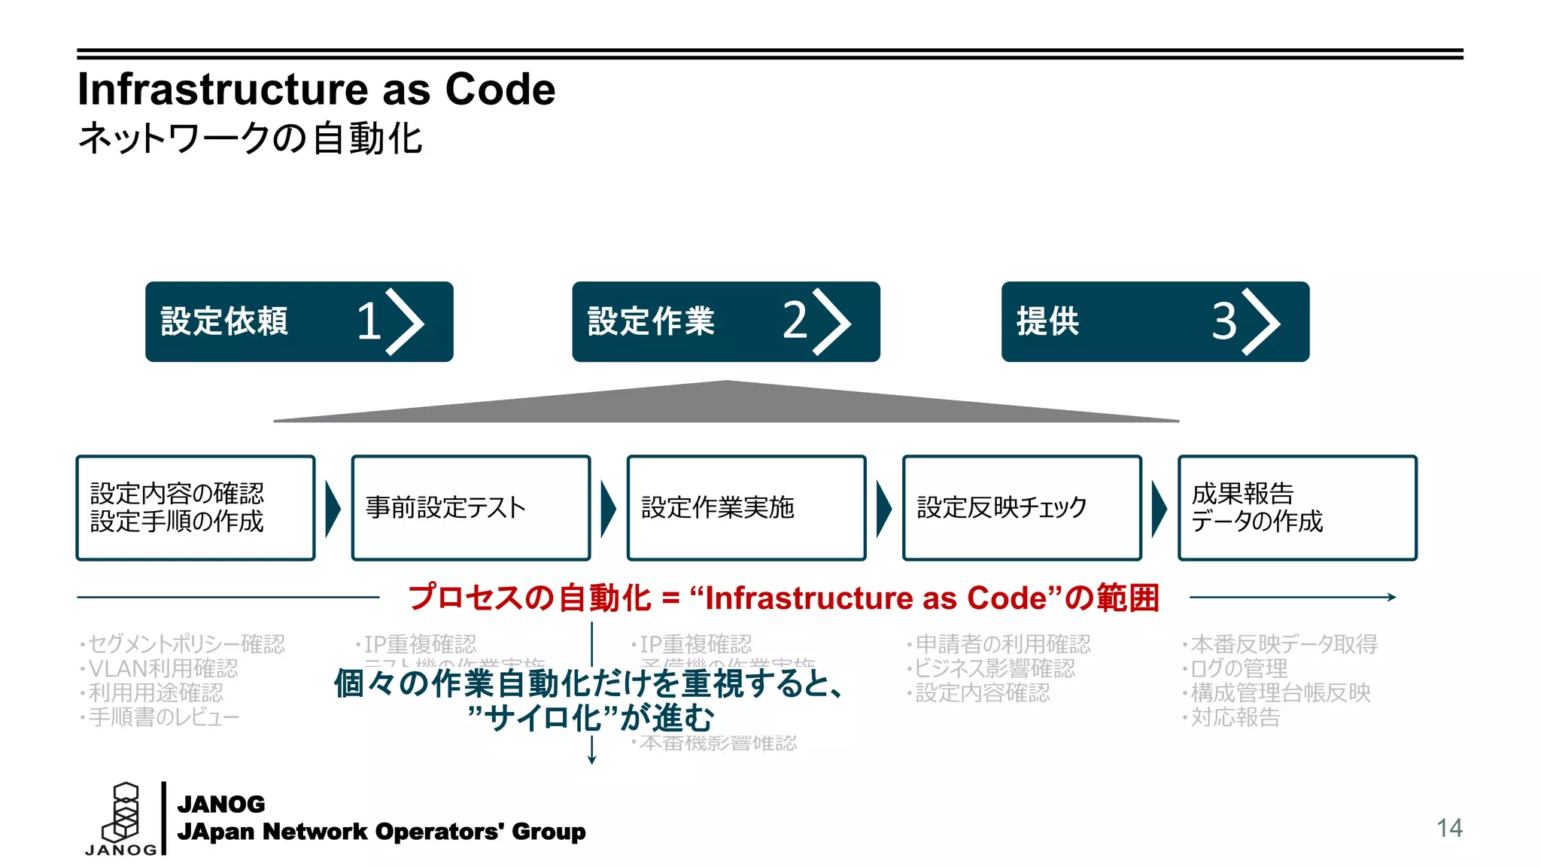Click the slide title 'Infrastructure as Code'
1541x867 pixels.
click(x=316, y=90)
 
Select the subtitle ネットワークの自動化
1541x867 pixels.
click(x=250, y=138)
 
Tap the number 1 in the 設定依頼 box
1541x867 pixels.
click(x=369, y=321)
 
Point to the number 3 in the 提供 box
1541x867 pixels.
click(x=1224, y=321)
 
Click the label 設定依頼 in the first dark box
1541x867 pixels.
click(x=224, y=321)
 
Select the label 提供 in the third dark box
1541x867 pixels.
click(x=1047, y=321)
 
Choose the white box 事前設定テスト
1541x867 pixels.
click(x=471, y=508)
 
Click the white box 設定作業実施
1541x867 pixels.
click(x=746, y=508)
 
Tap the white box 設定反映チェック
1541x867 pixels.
click(x=1022, y=508)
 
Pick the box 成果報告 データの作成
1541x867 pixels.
click(x=1297, y=508)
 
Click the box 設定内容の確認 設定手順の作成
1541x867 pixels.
click(x=196, y=508)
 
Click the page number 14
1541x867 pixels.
click(x=1449, y=828)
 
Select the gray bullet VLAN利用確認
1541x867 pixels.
click(x=163, y=668)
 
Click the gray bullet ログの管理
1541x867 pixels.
click(x=1239, y=668)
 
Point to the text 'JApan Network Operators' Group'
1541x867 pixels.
click(x=381, y=832)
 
